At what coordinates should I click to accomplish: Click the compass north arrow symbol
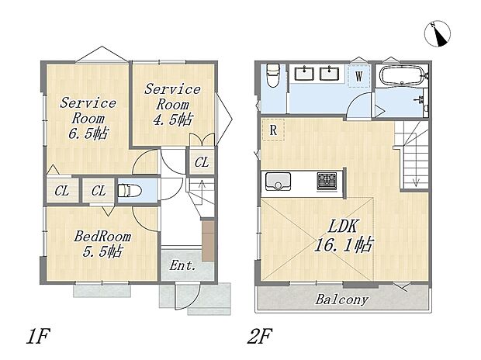[x=438, y=34]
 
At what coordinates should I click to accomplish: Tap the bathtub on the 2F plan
[x=402, y=75]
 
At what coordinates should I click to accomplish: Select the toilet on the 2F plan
[x=272, y=75]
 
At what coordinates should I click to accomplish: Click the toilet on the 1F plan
[x=130, y=191]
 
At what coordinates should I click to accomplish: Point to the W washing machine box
[x=359, y=76]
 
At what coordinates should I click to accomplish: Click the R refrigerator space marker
[x=273, y=130]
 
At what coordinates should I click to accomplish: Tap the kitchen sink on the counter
[x=278, y=182]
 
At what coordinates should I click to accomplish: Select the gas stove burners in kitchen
[x=327, y=181]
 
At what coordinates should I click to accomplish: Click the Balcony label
[x=341, y=299]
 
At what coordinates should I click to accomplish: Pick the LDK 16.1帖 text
[x=343, y=236]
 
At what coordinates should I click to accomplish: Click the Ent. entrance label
[x=182, y=265]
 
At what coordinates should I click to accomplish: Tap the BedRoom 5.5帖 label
[x=102, y=244]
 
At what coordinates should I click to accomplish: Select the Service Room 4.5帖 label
[x=172, y=104]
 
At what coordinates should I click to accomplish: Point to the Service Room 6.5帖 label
[x=88, y=118]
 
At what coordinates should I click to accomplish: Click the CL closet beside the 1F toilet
[x=99, y=191]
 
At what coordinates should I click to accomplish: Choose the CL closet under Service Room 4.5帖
[x=202, y=161]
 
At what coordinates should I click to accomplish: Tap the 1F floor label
[x=38, y=337]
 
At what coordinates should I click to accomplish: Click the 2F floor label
[x=260, y=337]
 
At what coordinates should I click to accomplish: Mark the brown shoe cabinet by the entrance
[x=208, y=241]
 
